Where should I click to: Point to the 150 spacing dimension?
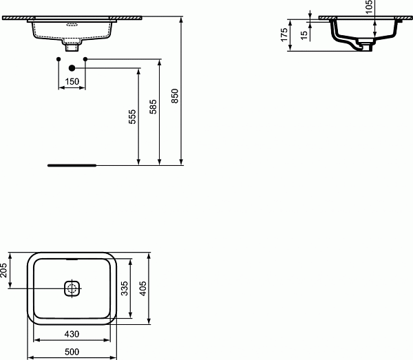(x=72, y=81)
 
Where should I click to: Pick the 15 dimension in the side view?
(x=303, y=34)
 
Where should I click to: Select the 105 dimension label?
(x=370, y=8)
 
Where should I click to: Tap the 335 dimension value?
(x=125, y=288)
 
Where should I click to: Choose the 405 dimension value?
(x=143, y=287)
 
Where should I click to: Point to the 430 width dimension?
(x=72, y=334)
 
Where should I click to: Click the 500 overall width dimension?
(x=73, y=352)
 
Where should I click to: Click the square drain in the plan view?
(x=72, y=288)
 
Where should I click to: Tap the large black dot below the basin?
(x=72, y=68)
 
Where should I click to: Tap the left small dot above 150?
(x=59, y=60)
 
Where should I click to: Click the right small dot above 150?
(x=85, y=60)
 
